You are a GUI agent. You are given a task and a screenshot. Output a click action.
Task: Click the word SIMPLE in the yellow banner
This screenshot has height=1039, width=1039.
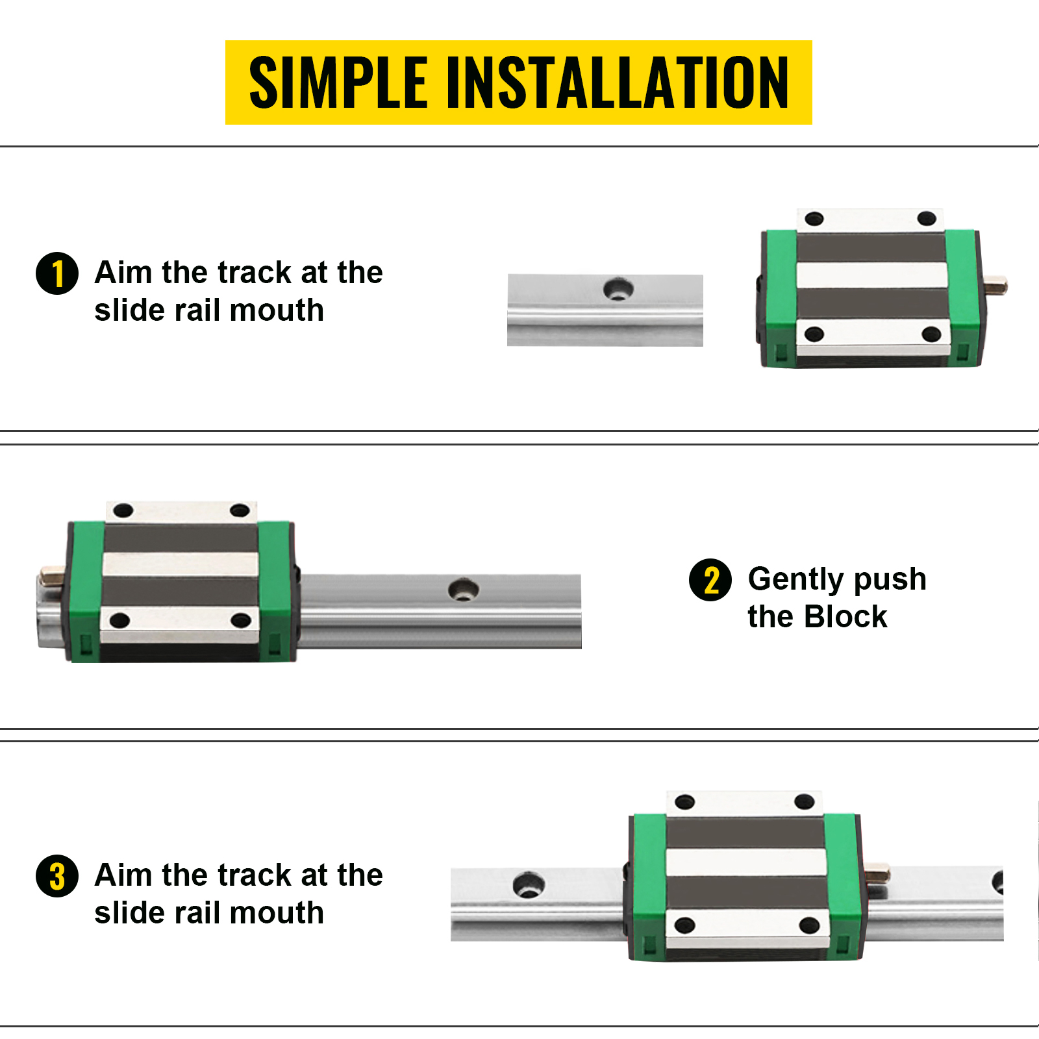[x=338, y=82]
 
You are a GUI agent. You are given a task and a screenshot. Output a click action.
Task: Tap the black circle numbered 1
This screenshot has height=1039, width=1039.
[x=57, y=273]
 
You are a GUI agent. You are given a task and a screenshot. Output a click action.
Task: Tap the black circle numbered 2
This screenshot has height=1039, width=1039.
[x=710, y=580]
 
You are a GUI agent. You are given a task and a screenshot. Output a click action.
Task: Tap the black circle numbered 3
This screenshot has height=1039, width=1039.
[x=57, y=876]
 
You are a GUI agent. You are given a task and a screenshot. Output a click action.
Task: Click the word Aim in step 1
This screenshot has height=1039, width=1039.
[x=123, y=273]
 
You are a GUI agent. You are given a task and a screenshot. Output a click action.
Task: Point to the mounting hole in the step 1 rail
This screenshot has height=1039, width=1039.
[x=618, y=288]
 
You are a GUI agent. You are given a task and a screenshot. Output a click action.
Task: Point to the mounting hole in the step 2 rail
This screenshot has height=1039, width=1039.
[x=464, y=590]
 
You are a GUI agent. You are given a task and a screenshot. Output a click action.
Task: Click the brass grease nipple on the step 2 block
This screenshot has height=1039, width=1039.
[x=51, y=575]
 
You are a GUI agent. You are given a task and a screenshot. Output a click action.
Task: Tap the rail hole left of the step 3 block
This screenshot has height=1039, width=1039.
[x=529, y=885]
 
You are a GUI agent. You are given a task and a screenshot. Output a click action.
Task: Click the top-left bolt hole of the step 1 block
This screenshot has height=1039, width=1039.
[x=814, y=219]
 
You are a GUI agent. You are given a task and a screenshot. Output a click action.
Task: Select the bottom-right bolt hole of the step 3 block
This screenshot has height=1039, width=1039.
[x=809, y=925]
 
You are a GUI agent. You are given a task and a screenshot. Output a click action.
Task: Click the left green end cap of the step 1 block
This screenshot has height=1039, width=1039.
[x=779, y=299]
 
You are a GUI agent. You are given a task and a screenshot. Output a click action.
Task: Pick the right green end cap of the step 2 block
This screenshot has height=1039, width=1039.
[x=275, y=591]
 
